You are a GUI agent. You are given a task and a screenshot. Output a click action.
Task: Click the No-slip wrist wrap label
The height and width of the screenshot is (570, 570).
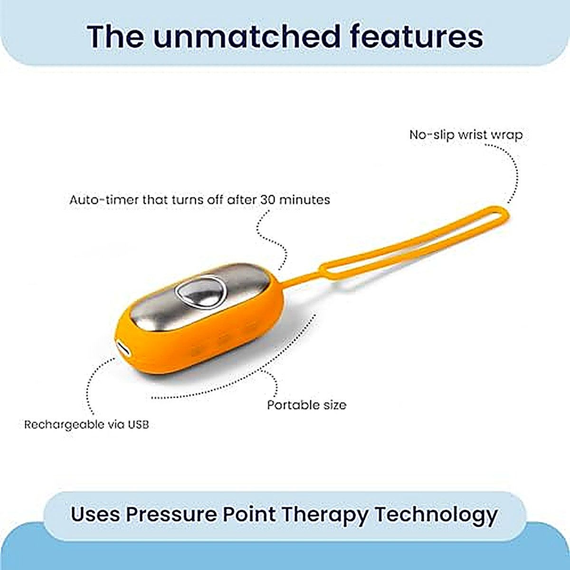tap(466, 135)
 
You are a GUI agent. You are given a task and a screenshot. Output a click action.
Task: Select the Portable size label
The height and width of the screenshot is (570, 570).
tap(307, 405)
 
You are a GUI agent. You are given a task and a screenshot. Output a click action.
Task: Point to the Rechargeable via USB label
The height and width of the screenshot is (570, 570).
tap(86, 425)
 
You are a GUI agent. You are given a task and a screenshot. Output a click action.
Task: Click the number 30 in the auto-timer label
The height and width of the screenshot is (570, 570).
tap(268, 200)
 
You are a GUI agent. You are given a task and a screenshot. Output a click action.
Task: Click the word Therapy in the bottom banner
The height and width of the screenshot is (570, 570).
tap(325, 515)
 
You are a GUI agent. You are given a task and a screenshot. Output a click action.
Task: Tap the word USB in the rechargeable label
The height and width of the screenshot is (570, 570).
tap(138, 425)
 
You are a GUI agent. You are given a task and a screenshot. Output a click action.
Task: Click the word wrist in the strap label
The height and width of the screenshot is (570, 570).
tap(471, 135)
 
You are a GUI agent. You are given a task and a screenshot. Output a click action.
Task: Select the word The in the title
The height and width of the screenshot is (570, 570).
tap(115, 37)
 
